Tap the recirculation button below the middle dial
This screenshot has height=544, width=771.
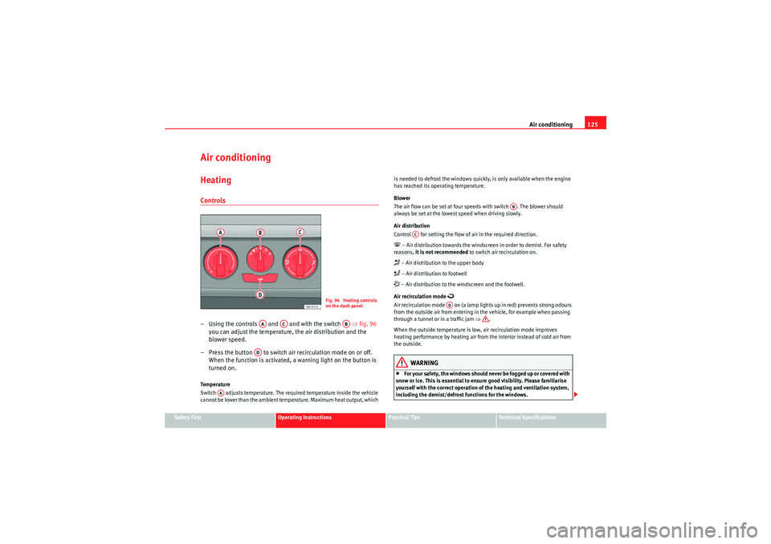point(260,278)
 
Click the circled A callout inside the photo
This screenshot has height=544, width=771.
point(220,233)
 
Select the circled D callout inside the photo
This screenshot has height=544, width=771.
point(259,295)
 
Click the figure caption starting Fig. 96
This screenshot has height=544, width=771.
point(351,302)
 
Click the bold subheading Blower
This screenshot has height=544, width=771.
point(402,197)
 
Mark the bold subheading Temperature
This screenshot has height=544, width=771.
point(215,384)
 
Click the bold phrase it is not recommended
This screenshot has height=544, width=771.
point(441,253)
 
